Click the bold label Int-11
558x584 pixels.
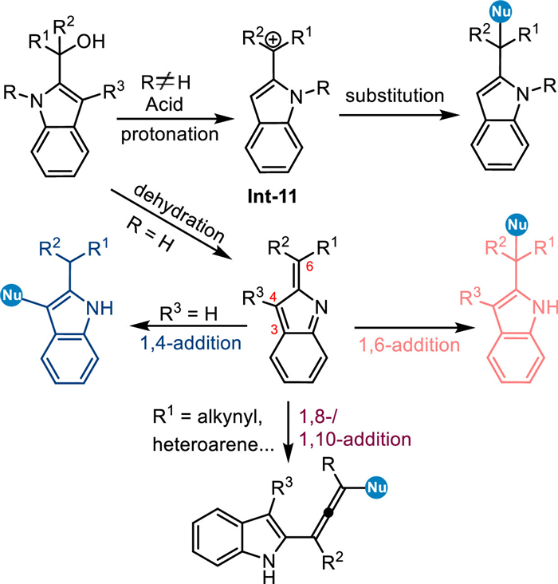pos(272,196)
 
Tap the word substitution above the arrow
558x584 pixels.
pos(395,96)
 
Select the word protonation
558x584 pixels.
pos(170,135)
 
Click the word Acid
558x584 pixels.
pos(164,105)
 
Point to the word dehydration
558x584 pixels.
pos(179,213)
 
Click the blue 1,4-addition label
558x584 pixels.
pos(191,342)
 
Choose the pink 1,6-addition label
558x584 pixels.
pos(409,345)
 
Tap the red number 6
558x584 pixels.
pos(309,266)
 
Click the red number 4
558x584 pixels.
pos(273,298)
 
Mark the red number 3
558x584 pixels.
pos(274,329)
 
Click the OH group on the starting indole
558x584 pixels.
pos(91,41)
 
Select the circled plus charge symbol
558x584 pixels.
pos(273,39)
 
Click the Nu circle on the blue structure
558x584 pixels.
pos(12,295)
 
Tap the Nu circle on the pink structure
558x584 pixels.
pos(517,225)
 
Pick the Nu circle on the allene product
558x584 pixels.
pos(376,487)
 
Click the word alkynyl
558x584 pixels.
pos(230,418)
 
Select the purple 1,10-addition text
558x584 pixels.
pos(355,440)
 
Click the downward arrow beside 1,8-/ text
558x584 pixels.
pos(288,432)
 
